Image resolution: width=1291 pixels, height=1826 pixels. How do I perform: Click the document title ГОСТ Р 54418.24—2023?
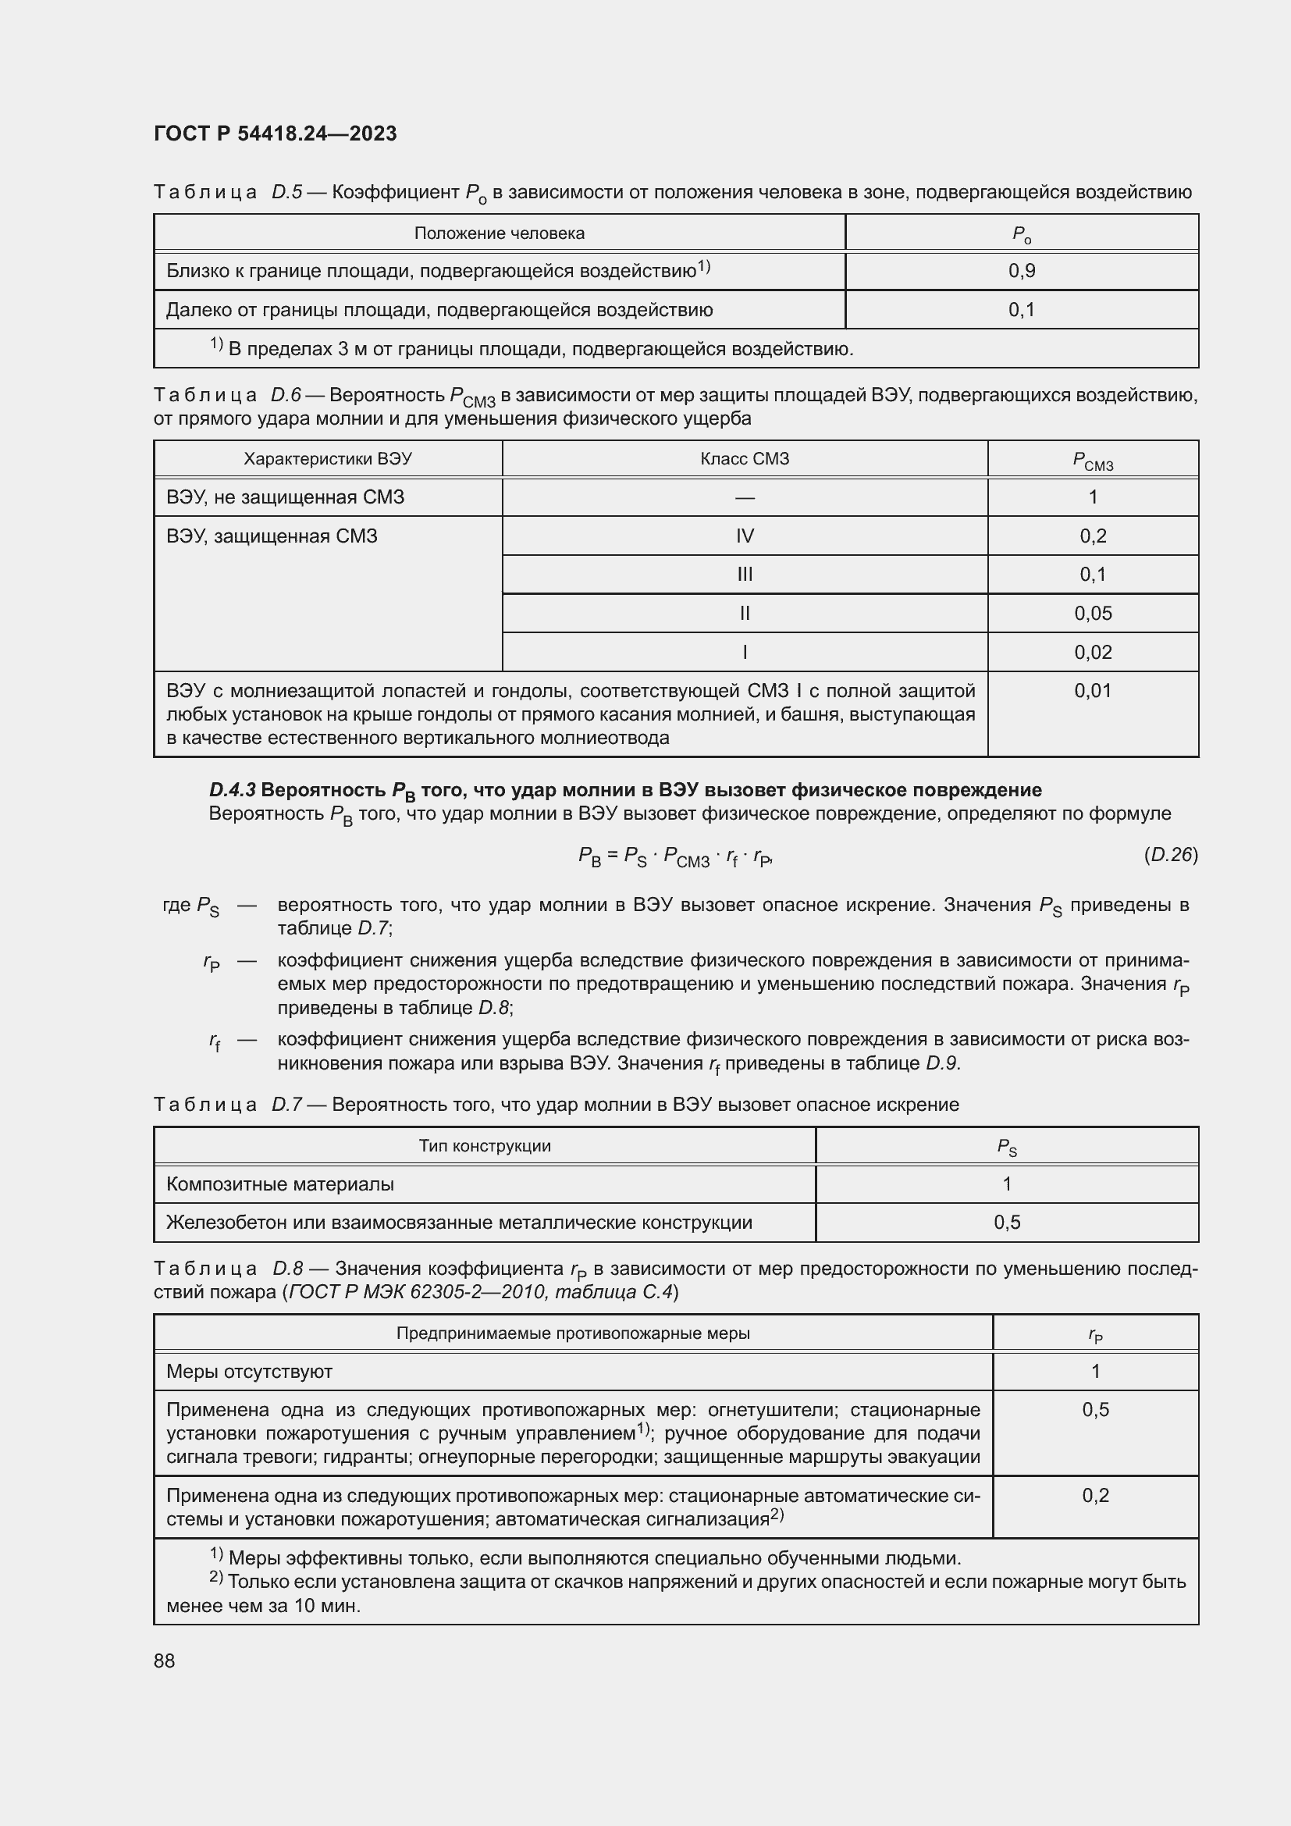point(275,133)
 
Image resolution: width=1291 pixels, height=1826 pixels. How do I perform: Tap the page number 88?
point(165,1660)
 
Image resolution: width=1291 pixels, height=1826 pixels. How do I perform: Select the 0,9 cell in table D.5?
point(1022,271)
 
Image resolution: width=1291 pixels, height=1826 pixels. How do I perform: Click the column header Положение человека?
point(500,233)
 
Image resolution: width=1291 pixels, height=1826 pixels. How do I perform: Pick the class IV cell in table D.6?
point(745,536)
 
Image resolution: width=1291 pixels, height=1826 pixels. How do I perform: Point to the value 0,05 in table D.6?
point(1093,613)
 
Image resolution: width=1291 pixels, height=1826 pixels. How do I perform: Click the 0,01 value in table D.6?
point(1093,690)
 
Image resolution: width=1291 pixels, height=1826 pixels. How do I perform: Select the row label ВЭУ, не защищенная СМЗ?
point(286,497)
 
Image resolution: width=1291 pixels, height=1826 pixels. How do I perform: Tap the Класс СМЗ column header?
point(745,459)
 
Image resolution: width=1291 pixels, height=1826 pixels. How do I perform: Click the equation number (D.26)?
point(1171,855)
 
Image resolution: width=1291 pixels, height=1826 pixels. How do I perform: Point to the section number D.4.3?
point(232,790)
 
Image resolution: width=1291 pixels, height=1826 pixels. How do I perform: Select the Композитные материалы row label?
point(280,1184)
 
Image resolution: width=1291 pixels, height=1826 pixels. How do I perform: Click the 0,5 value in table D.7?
point(1007,1223)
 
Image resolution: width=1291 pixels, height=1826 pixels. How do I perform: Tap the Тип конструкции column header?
point(485,1146)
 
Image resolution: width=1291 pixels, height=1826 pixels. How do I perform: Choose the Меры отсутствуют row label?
point(249,1371)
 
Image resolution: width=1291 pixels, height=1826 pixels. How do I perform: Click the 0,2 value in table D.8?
point(1095,1495)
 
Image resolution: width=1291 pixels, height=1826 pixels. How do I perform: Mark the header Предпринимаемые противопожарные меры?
point(573,1333)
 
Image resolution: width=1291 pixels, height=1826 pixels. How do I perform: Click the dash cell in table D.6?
point(745,498)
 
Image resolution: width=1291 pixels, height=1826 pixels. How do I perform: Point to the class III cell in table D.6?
point(745,575)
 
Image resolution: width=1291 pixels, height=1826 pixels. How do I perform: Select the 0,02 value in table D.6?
point(1093,652)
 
